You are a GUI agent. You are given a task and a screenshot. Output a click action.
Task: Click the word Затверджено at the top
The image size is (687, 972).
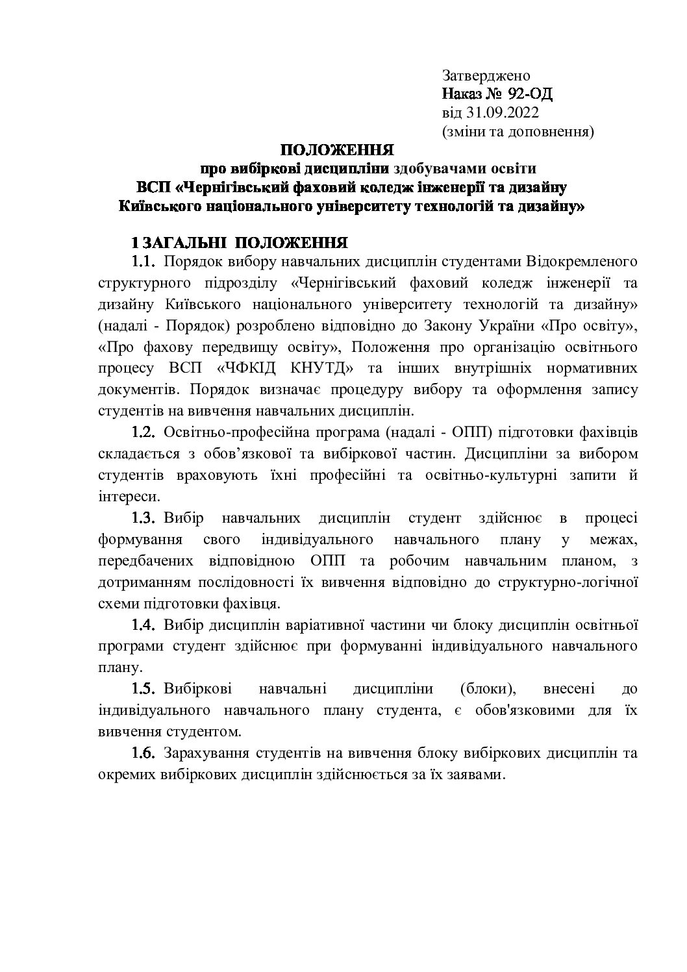tap(486, 75)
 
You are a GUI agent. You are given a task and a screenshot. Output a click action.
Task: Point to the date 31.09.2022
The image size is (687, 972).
tap(497, 113)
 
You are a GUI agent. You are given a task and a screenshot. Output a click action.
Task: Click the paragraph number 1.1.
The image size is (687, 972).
tap(144, 262)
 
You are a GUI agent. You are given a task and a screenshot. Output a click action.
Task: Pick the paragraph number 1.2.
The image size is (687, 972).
tap(144, 432)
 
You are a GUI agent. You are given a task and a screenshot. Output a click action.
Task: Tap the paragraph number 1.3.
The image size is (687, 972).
tap(144, 517)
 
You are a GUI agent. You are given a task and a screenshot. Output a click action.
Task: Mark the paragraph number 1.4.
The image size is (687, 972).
tap(144, 625)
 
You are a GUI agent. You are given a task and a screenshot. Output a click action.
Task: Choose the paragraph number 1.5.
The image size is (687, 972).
tap(144, 688)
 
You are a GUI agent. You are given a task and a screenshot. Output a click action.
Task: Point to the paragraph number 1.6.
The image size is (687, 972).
tap(144, 754)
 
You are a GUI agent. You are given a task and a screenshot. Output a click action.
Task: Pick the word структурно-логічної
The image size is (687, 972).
tap(568, 581)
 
